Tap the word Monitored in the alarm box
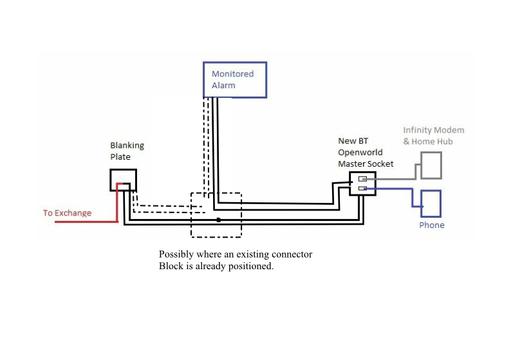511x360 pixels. click(232, 74)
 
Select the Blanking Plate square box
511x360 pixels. click(122, 180)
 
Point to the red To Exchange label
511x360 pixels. click(67, 213)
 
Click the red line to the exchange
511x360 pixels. click(84, 222)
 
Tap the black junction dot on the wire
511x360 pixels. click(219, 220)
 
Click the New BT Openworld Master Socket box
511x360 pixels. click(362, 184)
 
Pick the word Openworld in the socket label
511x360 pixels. click(360, 153)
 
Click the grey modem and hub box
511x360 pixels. click(431, 166)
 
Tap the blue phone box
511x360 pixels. click(431, 203)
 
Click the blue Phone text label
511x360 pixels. click(431, 225)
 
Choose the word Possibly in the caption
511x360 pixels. click(176, 254)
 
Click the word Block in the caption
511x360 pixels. click(171, 266)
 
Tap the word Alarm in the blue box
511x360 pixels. click(223, 85)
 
